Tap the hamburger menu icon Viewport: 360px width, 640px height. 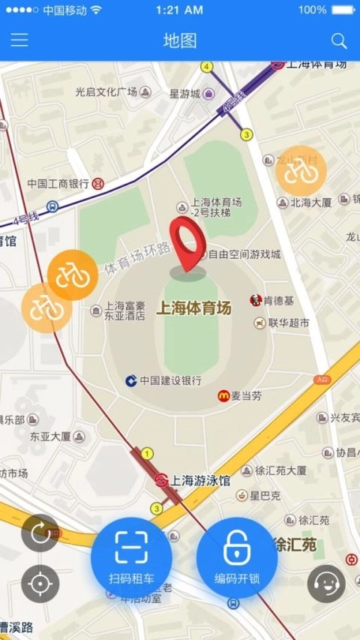pos(19,41)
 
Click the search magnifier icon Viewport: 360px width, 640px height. pos(339,41)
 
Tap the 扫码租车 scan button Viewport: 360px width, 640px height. pos(131,558)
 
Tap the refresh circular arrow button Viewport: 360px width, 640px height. pos(40,533)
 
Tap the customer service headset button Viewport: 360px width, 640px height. pos(326,583)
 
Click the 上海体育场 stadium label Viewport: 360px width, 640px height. pos(193,308)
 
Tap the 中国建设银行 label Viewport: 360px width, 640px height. pos(169,380)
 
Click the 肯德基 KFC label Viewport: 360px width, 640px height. pos(277,301)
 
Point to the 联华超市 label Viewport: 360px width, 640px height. pos(288,323)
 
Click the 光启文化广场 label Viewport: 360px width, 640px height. pos(106,92)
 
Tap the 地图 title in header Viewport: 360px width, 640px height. pos(180,41)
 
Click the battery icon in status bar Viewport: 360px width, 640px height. pos(342,10)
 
